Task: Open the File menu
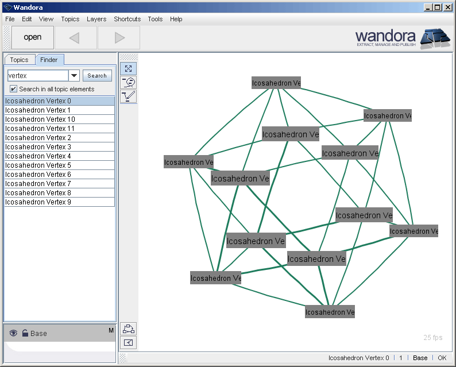click(x=10, y=19)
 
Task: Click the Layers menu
click(x=96, y=19)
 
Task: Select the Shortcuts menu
click(x=127, y=19)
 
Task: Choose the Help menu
click(x=176, y=19)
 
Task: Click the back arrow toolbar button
click(x=74, y=38)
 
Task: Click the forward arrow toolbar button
click(x=119, y=38)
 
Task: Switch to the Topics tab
click(x=19, y=60)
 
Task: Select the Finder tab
click(x=49, y=60)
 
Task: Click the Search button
click(x=97, y=76)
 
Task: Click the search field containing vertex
click(x=37, y=76)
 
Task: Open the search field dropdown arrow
click(x=74, y=76)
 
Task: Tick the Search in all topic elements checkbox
click(x=14, y=89)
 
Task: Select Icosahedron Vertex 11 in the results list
click(x=40, y=129)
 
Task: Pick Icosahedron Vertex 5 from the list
click(x=38, y=165)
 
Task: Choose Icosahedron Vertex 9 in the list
click(x=38, y=202)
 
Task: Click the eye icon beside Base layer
click(x=13, y=333)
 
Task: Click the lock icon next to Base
click(x=25, y=333)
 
